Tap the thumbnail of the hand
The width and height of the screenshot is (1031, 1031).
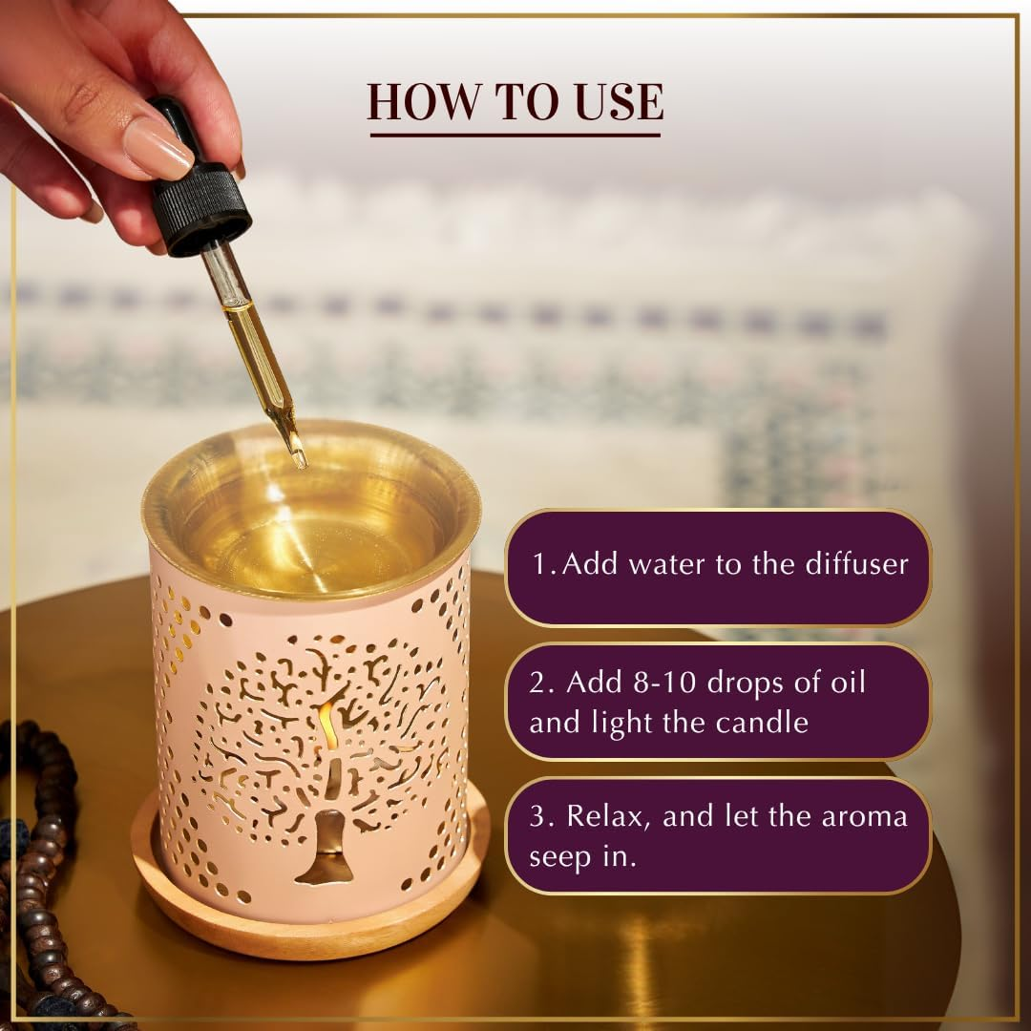pos(158,148)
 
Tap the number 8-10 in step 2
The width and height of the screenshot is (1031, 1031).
pos(664,683)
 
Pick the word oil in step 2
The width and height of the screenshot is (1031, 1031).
pos(848,683)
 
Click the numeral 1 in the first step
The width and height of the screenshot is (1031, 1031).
pos(539,563)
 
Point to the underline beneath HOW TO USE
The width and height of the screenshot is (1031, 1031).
pos(515,135)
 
